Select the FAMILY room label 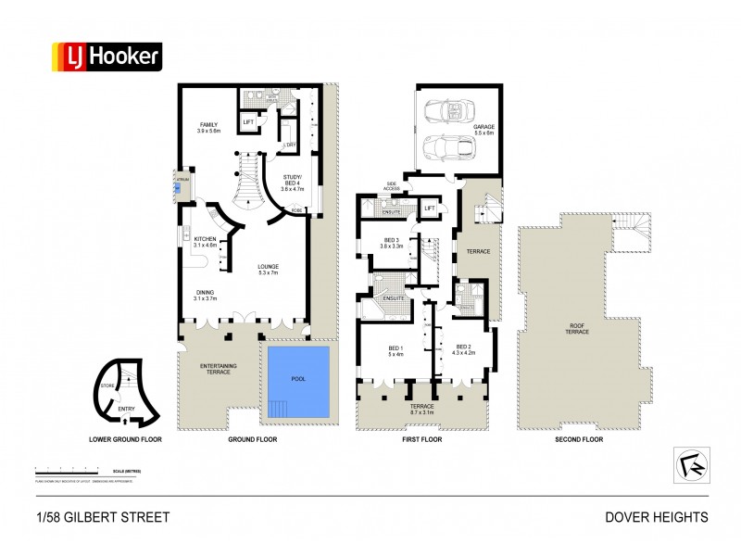pyautogui.click(x=207, y=128)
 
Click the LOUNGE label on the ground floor pyautogui.click(x=270, y=271)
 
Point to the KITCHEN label pyautogui.click(x=205, y=242)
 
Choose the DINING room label pyautogui.click(x=204, y=296)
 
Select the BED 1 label pyautogui.click(x=396, y=350)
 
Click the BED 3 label pyautogui.click(x=391, y=244)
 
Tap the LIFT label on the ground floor pyautogui.click(x=248, y=121)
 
